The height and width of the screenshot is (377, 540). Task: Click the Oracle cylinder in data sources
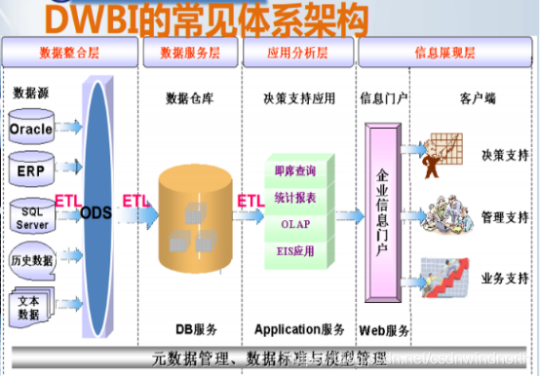[30, 129]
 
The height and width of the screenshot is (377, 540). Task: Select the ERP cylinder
[30, 169]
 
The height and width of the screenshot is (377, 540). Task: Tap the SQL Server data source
[30, 217]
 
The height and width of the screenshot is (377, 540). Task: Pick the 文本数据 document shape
[29, 307]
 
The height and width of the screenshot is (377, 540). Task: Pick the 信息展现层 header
[444, 51]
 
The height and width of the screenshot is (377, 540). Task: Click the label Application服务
[299, 329]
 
